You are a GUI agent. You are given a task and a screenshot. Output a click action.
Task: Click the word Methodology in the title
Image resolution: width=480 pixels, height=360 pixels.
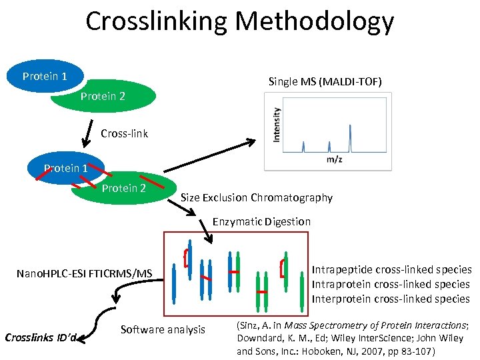coord(315,22)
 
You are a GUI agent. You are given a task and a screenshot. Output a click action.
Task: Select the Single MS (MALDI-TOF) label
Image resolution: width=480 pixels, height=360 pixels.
coord(325,82)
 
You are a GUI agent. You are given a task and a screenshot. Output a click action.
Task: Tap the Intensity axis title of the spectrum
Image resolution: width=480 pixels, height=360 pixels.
coord(277,125)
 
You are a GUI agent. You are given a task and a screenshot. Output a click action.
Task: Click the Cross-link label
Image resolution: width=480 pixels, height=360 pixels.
coord(124,133)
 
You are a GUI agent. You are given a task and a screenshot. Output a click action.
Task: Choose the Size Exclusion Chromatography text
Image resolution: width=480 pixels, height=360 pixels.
coord(257,197)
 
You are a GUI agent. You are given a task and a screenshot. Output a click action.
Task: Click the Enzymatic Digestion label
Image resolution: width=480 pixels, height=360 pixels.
coord(261,221)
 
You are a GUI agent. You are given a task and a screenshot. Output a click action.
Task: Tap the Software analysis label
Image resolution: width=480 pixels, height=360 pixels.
coord(163,329)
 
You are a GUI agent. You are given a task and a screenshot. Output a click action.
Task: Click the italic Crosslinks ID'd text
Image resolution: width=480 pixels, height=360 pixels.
coord(41,337)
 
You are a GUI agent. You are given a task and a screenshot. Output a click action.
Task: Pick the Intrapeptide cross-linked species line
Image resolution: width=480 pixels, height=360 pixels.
coord(391,270)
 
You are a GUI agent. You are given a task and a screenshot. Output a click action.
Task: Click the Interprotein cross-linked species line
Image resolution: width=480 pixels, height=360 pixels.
coord(391,299)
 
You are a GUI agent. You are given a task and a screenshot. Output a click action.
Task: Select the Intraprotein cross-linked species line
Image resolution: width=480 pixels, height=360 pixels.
coord(391,285)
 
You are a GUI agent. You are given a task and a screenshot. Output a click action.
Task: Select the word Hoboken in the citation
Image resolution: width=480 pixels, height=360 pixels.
coord(323,351)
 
